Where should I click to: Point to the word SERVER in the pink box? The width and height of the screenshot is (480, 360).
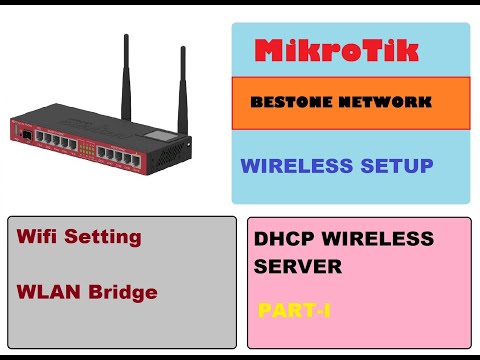[x=299, y=267]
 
